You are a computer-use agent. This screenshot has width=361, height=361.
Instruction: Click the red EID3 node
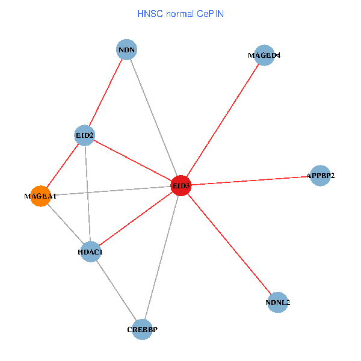pyautogui.click(x=181, y=186)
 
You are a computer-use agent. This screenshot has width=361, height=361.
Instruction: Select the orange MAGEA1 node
pyautogui.click(x=40, y=196)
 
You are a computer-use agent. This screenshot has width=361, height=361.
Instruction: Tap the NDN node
pyautogui.click(x=126, y=49)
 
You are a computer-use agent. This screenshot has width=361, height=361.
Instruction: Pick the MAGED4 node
pyautogui.click(x=264, y=55)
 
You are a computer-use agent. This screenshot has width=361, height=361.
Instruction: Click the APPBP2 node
pyautogui.click(x=320, y=176)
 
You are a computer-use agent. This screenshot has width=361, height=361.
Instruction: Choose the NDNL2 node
pyautogui.click(x=277, y=303)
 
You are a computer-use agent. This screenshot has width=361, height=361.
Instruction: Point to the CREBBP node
pyautogui.click(x=142, y=329)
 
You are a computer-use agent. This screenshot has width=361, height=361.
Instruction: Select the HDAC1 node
pyautogui.click(x=90, y=251)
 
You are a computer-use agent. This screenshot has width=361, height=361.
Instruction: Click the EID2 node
pyautogui.click(x=84, y=135)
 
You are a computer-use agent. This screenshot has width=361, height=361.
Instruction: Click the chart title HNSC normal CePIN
pyautogui.click(x=180, y=13)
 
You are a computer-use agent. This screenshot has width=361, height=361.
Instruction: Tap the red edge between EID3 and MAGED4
pyautogui.click(x=223, y=120)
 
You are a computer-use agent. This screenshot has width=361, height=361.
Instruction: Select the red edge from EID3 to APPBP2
pyautogui.click(x=250, y=181)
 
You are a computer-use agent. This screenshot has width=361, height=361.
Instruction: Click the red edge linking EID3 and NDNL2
pyautogui.click(x=229, y=244)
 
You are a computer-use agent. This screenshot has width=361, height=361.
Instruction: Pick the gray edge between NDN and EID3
pyautogui.click(x=153, y=117)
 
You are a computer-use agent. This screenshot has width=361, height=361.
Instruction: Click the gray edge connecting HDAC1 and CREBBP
pyautogui.click(x=116, y=290)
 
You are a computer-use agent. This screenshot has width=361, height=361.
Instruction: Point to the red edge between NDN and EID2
pyautogui.click(x=105, y=92)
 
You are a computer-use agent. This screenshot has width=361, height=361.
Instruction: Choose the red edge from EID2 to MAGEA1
pyautogui.click(x=63, y=165)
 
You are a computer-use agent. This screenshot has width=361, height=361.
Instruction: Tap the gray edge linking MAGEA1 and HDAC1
pyautogui.click(x=65, y=224)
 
